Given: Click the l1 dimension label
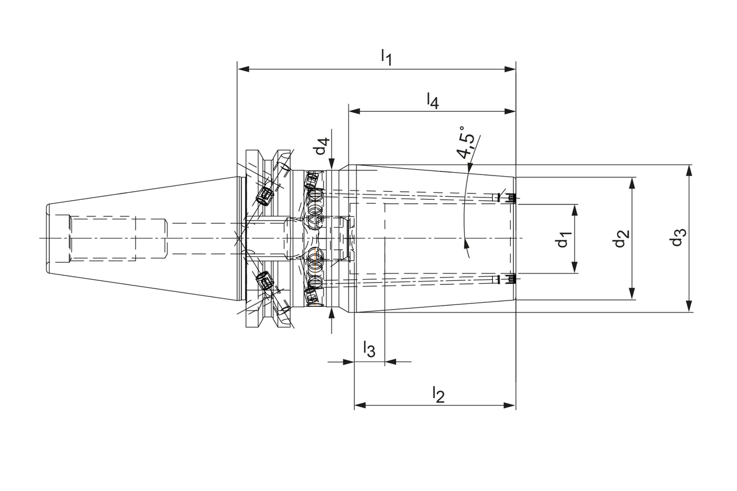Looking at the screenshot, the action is pos(386,57).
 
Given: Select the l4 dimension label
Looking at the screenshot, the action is pos(433,100).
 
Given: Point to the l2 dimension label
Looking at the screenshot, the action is pos(439,395).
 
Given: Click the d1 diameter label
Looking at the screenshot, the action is pos(563,239).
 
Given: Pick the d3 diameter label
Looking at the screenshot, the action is pos(678,237).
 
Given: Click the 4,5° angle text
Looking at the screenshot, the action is pos(466,142).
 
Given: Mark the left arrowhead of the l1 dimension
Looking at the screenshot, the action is pos(243,69).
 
